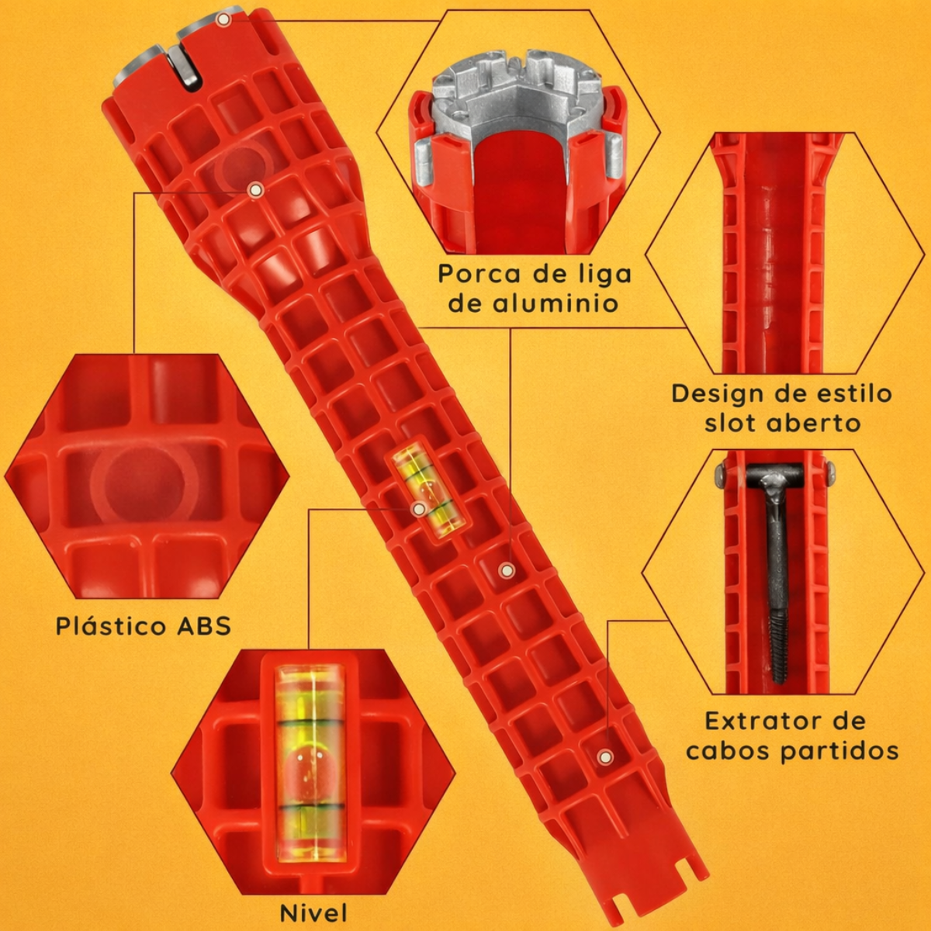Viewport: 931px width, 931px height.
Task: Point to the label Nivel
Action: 313,912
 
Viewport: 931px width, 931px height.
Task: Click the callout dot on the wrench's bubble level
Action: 418,509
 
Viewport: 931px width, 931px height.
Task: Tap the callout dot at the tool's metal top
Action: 223,20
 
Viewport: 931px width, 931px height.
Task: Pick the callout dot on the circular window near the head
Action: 255,190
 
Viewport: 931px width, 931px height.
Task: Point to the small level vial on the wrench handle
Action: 430,487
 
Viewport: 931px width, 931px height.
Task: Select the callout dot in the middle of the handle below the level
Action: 507,570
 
